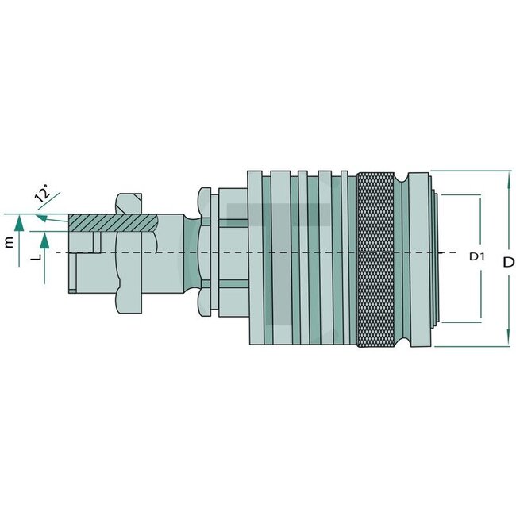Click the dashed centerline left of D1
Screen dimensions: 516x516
449,252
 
